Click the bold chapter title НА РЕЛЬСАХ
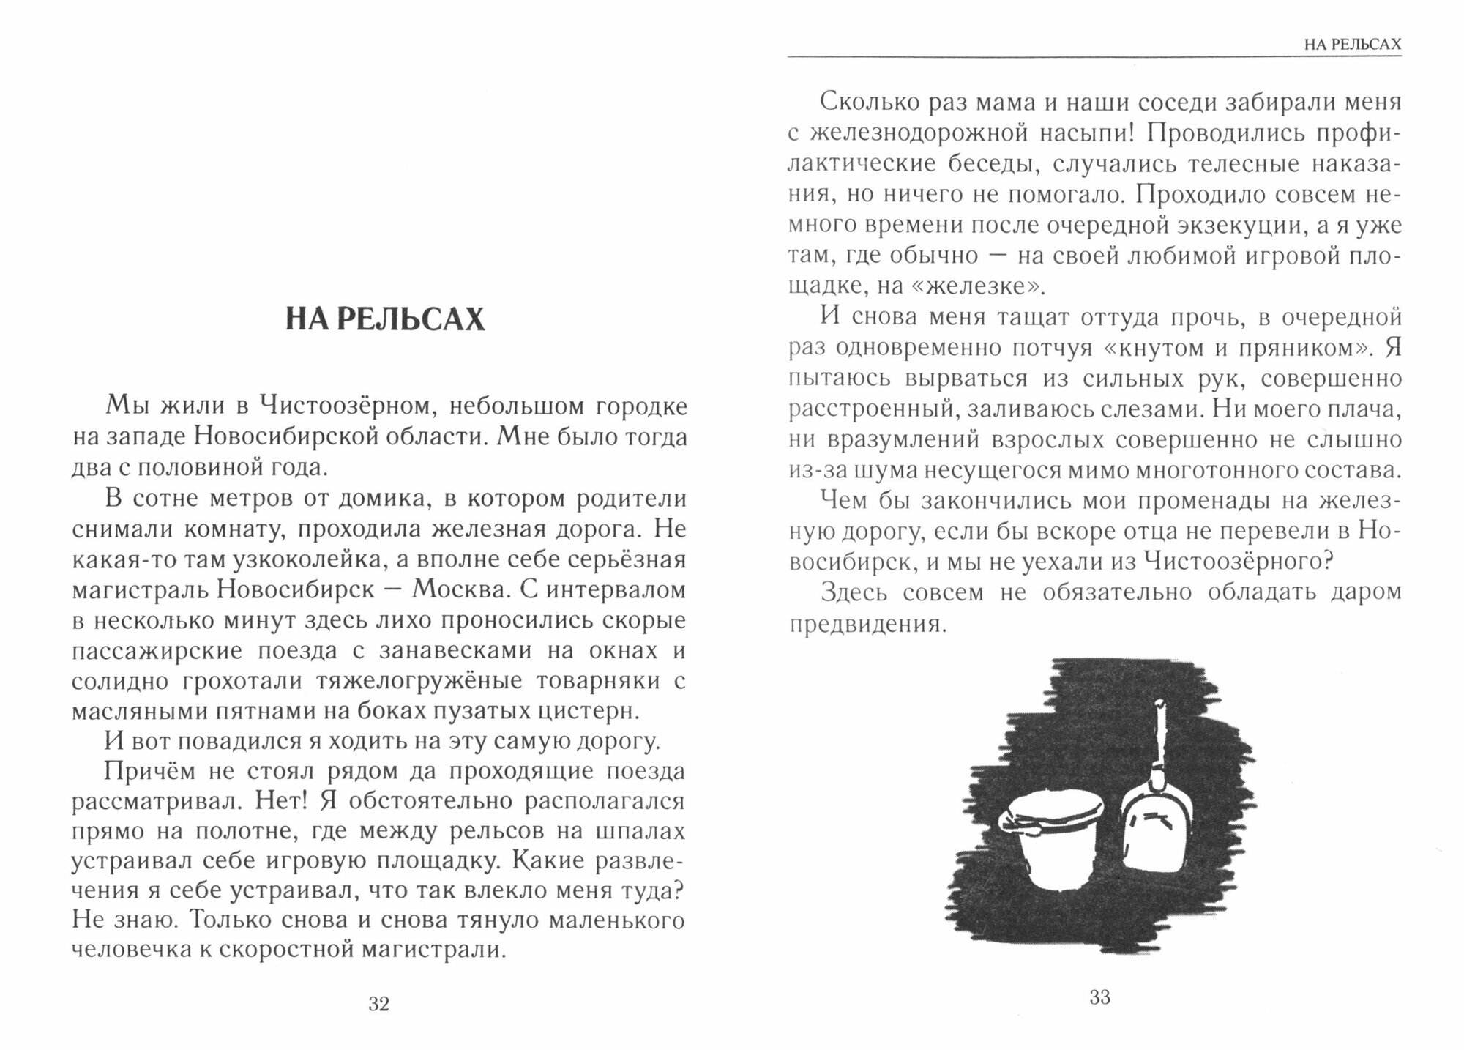click(385, 319)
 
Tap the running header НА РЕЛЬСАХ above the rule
click(1353, 45)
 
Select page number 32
click(378, 1004)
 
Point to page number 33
click(1099, 997)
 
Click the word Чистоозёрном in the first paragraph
click(345, 406)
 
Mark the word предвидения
click(864, 625)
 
